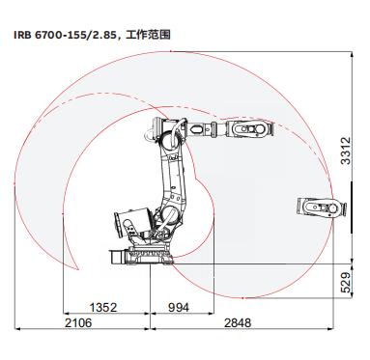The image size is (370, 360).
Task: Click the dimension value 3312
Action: click(x=346, y=151)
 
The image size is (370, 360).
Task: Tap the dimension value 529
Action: click(x=346, y=283)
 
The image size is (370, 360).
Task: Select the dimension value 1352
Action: click(x=103, y=308)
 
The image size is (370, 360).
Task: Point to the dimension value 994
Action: click(x=179, y=308)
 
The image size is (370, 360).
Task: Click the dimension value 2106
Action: click(x=78, y=322)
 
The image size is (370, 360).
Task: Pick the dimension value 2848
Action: click(x=238, y=322)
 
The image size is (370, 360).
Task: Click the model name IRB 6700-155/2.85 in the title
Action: click(x=65, y=35)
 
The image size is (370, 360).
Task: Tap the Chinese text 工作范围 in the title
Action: click(x=148, y=35)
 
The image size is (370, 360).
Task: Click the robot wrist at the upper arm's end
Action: click(x=249, y=129)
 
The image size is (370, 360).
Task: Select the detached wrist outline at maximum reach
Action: click(x=322, y=208)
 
